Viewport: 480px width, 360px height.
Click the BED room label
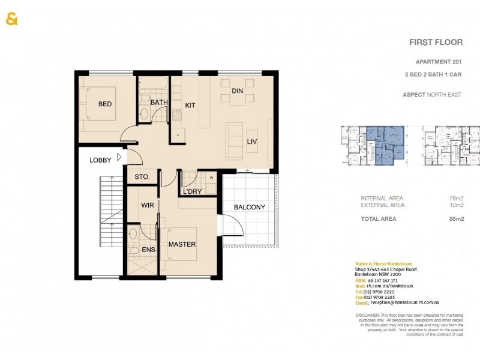105,104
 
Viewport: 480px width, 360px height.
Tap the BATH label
159,103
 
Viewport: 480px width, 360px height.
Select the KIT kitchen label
190,105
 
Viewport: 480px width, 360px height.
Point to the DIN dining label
237,91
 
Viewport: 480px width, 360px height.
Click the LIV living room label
252,141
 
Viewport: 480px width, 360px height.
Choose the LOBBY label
100,160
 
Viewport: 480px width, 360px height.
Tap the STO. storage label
142,178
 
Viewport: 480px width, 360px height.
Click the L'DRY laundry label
192,191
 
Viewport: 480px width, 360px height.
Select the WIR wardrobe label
148,205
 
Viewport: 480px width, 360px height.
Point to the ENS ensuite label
148,250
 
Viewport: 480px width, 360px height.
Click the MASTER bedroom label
182,245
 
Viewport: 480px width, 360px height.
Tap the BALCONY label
250,207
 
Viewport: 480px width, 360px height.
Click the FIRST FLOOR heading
436,42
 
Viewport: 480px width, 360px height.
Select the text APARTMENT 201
439,62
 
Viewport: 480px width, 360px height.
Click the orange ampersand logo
12,19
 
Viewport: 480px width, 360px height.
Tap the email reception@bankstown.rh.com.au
404,303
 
